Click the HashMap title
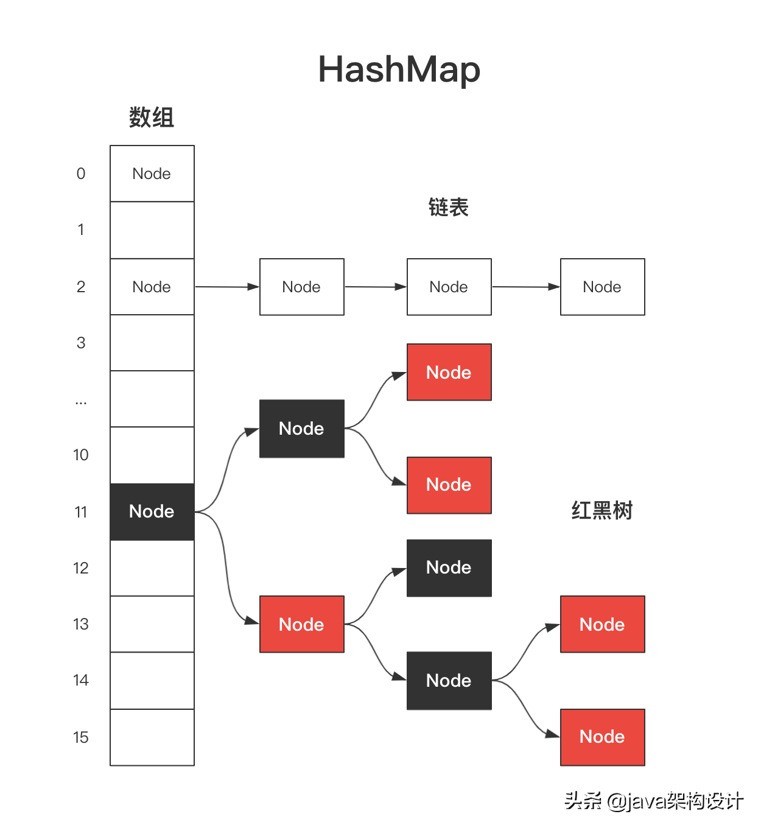(399, 69)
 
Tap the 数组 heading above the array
(152, 117)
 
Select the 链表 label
(448, 208)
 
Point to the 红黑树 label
(601, 510)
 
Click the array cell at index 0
(152, 174)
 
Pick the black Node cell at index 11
(152, 511)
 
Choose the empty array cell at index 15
(152, 737)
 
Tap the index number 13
(81, 624)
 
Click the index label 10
(81, 455)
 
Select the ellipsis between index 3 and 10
(81, 402)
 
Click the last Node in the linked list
(602, 287)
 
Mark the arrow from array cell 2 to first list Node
(226, 287)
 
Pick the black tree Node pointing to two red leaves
(301, 429)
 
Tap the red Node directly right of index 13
(301, 624)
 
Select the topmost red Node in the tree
(449, 372)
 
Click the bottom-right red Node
(602, 737)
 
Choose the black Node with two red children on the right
(449, 681)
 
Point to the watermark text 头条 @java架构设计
(653, 801)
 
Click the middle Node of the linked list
(449, 287)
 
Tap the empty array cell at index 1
(152, 230)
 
